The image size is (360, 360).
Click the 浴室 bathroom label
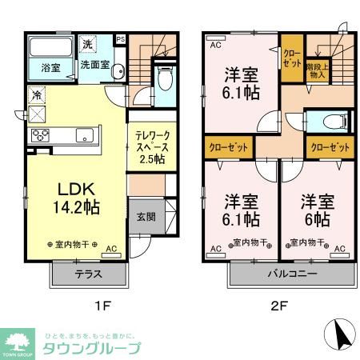(50, 68)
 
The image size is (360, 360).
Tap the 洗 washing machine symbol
(89, 43)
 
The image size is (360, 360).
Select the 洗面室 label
(94, 66)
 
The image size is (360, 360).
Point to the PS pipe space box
(121, 38)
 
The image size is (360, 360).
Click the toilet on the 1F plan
(166, 80)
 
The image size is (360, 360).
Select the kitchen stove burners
(41, 134)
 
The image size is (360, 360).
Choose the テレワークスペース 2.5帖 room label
(150, 147)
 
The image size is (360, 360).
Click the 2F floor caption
(277, 306)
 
